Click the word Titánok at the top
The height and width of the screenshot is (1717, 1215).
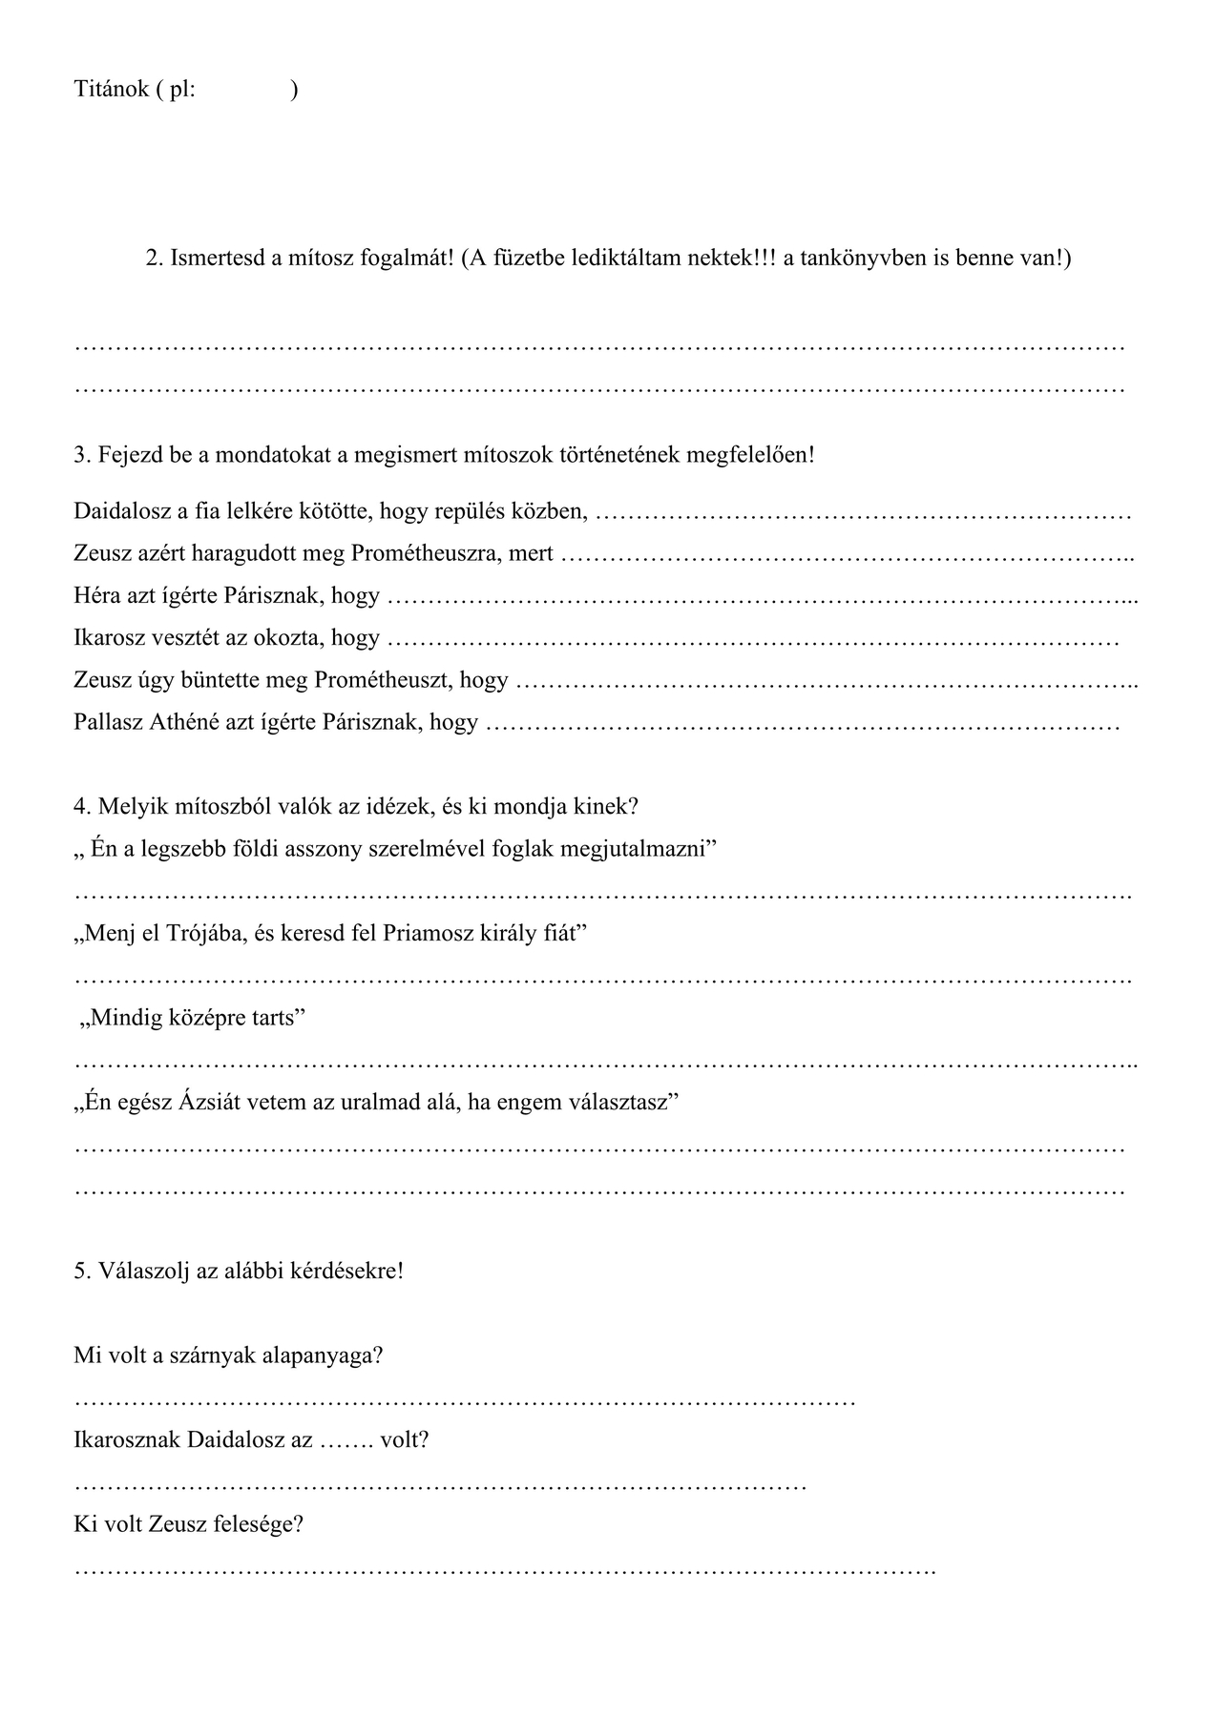click(111, 90)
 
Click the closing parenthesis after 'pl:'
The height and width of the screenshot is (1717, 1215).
click(295, 90)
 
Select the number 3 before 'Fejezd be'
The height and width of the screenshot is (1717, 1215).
click(80, 455)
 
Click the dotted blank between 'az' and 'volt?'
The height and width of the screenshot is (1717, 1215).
click(346, 1440)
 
